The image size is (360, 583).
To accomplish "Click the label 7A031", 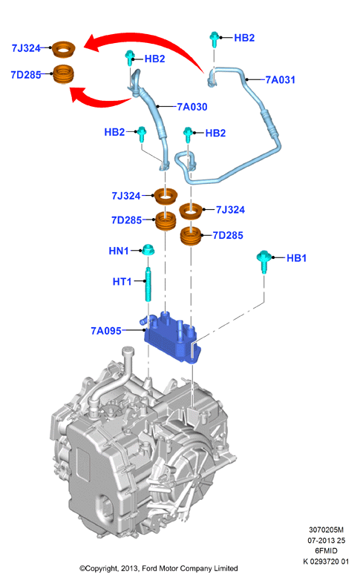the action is (280, 79).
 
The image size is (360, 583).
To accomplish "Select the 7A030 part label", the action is (192, 107).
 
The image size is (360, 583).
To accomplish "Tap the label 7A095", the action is (106, 331).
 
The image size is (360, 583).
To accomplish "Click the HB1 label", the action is (296, 258).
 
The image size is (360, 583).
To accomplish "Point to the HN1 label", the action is (119, 251).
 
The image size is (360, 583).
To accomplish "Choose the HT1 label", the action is (122, 281).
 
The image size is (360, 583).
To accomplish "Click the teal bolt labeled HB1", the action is (264, 261).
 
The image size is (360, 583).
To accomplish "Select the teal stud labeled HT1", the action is (148, 284).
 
